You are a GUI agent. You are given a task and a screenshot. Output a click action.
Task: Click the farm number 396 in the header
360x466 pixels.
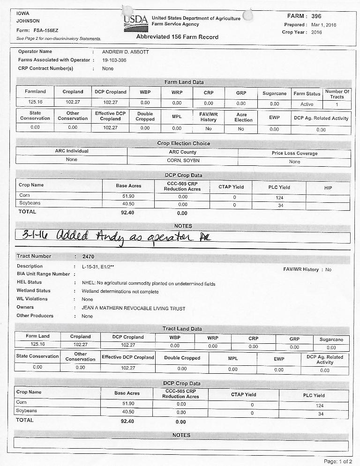click(316, 16)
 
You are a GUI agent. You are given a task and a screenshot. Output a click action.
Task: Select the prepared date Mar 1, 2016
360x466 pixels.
click(323, 25)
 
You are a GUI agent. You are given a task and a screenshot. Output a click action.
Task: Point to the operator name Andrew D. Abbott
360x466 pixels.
click(125, 52)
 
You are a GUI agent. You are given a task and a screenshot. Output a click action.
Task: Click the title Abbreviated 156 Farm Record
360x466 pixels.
click(177, 37)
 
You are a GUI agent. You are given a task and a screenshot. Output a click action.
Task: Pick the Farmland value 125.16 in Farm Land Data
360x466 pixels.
click(35, 102)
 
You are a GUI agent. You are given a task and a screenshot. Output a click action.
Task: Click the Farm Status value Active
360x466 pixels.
click(307, 104)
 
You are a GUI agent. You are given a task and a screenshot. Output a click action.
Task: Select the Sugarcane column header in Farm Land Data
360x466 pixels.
click(274, 93)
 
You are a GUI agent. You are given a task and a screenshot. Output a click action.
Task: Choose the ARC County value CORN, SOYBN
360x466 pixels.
click(183, 161)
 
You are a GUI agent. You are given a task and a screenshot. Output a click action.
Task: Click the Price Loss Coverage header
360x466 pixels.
click(294, 153)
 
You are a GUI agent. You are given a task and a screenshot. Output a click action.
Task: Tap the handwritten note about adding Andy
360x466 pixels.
click(112, 237)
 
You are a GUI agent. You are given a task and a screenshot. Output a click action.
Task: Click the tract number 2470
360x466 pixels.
click(88, 257)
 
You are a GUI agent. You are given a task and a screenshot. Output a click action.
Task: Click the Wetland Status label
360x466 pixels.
click(33, 291)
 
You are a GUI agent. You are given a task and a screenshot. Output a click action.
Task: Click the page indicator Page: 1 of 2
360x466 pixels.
click(337, 461)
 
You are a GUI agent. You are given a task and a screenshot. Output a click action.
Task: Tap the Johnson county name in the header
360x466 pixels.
click(28, 21)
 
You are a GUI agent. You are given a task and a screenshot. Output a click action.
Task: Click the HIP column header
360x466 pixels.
click(328, 187)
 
